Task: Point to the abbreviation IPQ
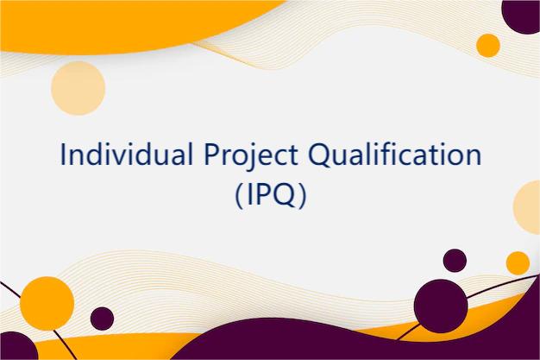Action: coord(270,195)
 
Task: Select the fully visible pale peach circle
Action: coord(78,87)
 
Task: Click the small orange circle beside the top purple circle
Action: coord(488,45)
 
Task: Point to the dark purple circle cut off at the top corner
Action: coord(522,14)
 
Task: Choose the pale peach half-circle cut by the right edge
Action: coord(528,207)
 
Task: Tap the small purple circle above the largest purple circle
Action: coord(455,260)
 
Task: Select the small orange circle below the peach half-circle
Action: coord(518,262)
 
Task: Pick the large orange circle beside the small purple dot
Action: coord(47,303)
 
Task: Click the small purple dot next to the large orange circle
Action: coord(102,318)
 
